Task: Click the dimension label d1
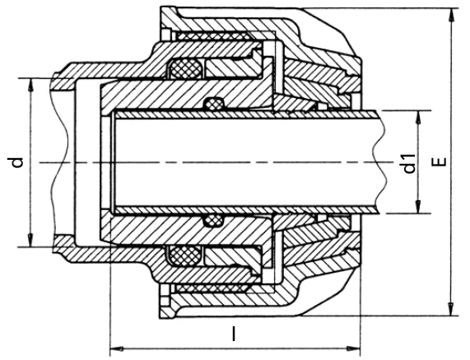click(x=409, y=163)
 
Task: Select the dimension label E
click(x=439, y=162)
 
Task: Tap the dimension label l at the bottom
click(x=234, y=334)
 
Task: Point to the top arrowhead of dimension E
click(x=450, y=15)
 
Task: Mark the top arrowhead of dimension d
click(x=30, y=86)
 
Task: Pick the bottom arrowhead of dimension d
click(x=30, y=240)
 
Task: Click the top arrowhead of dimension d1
click(x=417, y=118)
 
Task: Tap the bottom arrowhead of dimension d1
click(x=417, y=207)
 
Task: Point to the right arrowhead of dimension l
click(x=353, y=349)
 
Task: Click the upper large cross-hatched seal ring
click(x=186, y=68)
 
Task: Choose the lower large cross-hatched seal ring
click(x=186, y=256)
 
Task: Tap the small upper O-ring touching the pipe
click(x=213, y=104)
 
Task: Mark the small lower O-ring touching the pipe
click(x=213, y=221)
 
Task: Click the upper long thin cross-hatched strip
click(x=213, y=36)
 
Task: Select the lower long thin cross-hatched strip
click(x=213, y=288)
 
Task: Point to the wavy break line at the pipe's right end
click(x=380, y=162)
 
